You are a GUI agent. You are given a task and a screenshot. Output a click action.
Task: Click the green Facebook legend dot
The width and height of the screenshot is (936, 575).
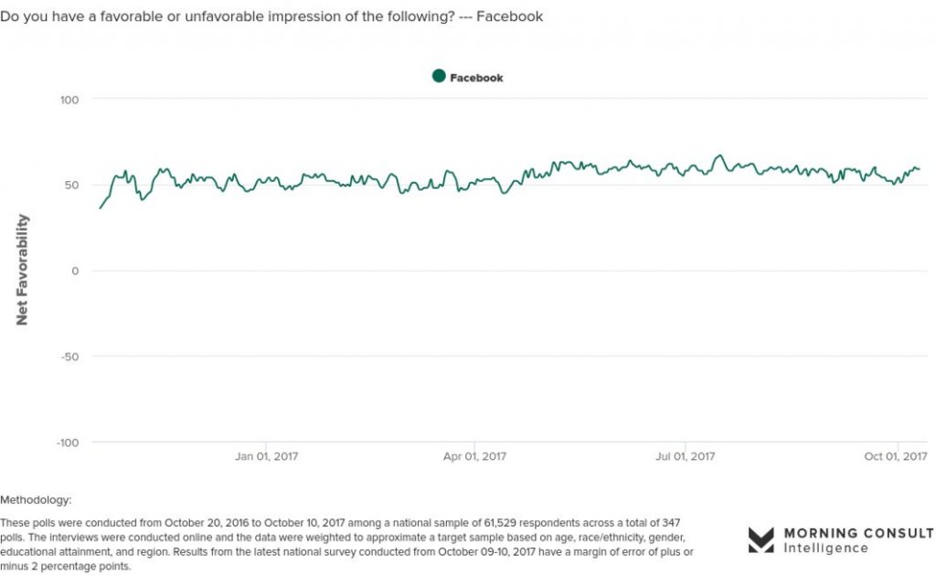439,76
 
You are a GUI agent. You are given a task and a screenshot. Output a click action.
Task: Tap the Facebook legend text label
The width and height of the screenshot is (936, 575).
476,78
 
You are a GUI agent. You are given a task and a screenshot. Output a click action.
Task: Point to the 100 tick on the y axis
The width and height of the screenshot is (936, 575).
69,100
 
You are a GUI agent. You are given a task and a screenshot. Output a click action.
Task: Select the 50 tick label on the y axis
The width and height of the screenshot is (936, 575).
71,185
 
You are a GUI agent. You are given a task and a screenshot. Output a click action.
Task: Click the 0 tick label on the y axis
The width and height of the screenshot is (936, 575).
75,272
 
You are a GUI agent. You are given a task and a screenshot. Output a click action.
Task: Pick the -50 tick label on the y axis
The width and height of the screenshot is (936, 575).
69,357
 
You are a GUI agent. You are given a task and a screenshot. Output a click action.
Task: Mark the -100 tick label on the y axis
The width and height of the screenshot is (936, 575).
68,442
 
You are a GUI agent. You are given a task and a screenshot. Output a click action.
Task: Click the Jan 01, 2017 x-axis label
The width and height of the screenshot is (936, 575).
266,456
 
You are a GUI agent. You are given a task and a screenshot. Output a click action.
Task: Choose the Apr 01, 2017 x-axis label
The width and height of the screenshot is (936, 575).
474,456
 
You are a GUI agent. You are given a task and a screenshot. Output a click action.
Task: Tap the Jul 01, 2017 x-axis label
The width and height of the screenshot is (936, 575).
686,456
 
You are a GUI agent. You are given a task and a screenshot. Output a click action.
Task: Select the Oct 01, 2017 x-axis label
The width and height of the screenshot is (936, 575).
896,456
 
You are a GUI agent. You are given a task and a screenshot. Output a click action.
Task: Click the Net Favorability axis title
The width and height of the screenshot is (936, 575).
22,270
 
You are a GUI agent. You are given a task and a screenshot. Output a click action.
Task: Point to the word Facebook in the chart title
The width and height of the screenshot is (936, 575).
510,16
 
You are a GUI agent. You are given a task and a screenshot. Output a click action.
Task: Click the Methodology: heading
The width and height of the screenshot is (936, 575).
36,500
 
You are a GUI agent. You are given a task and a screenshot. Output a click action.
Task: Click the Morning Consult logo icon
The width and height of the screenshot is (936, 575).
761,539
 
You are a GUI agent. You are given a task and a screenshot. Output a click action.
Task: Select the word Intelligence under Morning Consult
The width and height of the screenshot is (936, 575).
825,548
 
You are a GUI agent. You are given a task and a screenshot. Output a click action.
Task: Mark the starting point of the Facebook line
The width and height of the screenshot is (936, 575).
100,208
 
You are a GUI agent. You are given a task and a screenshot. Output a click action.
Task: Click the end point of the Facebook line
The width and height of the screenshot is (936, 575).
920,169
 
